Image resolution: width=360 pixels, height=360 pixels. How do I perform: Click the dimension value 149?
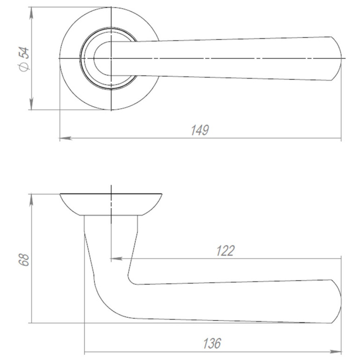200,130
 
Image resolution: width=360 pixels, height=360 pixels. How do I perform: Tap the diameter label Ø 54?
24,59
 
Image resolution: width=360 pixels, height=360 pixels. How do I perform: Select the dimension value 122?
225,251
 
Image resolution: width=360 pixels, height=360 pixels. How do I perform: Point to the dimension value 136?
212,343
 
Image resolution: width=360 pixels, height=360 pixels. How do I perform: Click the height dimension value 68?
24,260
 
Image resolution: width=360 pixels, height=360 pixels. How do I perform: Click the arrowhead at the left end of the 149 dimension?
66,138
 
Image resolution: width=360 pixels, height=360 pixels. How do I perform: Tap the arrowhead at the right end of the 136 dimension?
336,352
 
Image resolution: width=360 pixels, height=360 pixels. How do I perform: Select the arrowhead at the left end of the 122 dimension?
117,259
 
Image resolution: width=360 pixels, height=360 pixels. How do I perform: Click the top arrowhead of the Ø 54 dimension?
31,13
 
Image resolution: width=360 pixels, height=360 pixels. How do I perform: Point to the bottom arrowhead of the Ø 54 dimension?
31,104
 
